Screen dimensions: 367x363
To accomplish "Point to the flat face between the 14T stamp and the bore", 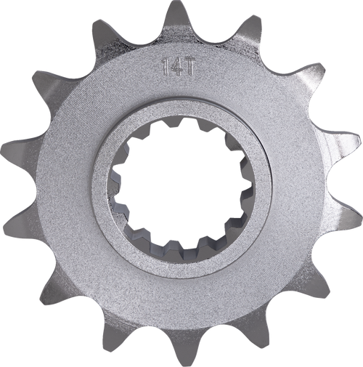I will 179,98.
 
